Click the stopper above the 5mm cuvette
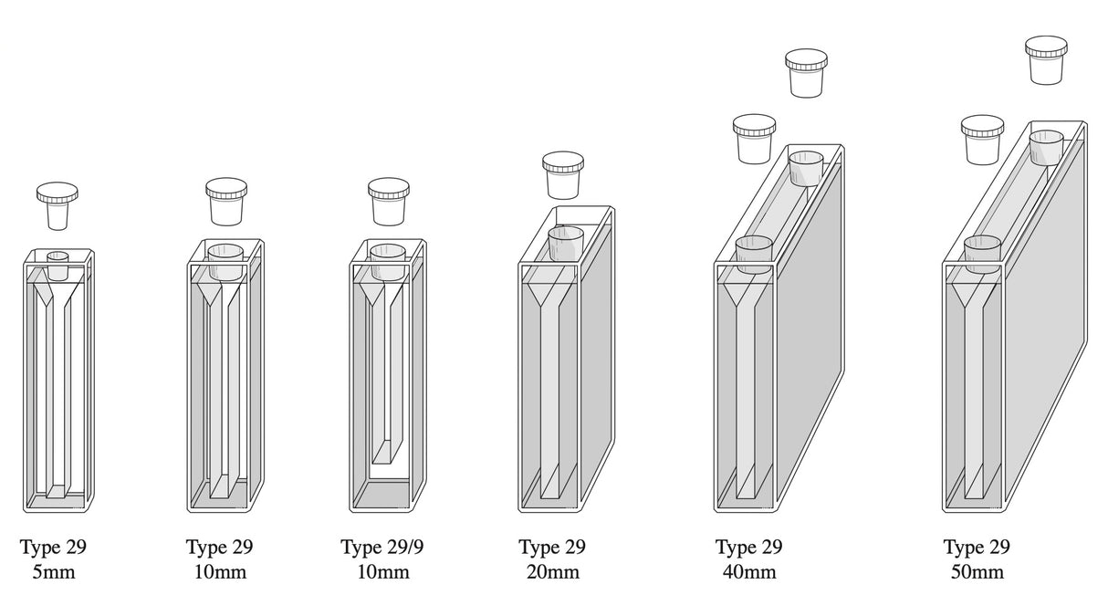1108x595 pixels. point(57,204)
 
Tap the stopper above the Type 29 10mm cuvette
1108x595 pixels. point(226,201)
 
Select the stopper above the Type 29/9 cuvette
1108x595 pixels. point(389,201)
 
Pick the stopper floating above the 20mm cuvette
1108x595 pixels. point(563,174)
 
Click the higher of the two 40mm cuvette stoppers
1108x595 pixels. point(806,73)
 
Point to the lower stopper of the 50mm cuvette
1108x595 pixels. point(982,139)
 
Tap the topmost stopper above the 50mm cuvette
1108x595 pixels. point(1046,60)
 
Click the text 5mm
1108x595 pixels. point(53,572)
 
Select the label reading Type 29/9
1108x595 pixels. point(382,548)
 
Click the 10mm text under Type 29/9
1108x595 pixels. point(382,572)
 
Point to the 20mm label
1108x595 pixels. point(552,572)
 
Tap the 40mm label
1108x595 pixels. point(748,572)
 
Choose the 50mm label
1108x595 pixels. point(977,572)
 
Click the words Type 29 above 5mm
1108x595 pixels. point(53,548)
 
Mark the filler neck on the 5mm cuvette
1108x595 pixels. point(57,264)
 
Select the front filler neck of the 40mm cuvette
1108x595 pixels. point(754,254)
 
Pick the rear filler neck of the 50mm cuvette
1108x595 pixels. point(1047,148)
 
